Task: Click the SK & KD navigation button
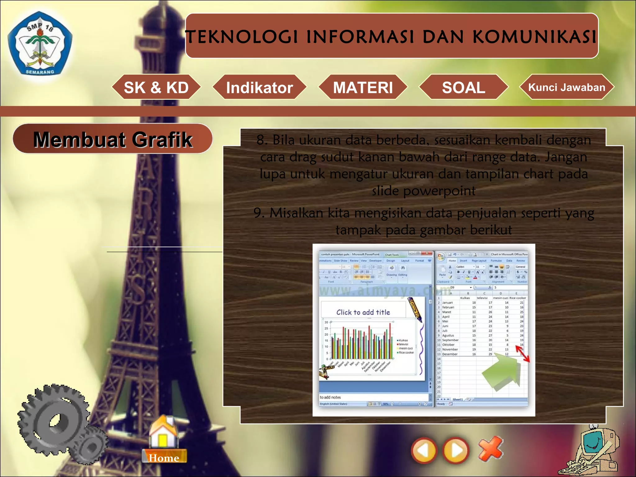click(x=156, y=87)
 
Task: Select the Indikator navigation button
click(x=259, y=87)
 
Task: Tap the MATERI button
click(x=363, y=87)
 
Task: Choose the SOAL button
click(x=463, y=87)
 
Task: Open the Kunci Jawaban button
click(x=567, y=87)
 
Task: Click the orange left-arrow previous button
click(x=424, y=450)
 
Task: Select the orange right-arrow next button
click(x=456, y=450)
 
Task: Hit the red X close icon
click(x=490, y=449)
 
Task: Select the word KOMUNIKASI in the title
click(x=534, y=37)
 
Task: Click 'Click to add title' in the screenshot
click(x=363, y=312)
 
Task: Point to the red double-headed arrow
click(x=522, y=354)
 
